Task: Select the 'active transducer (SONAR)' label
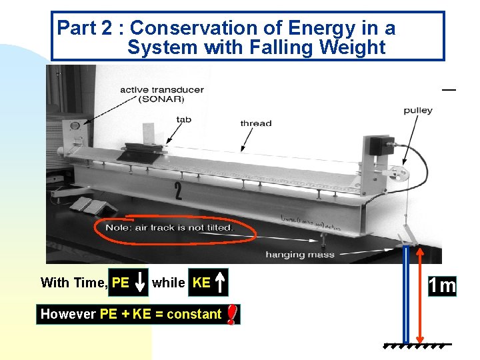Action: [x=161, y=94]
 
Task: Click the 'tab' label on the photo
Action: [x=183, y=119]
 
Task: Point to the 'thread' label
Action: [x=256, y=123]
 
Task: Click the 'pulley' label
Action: [x=418, y=110]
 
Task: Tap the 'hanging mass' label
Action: [x=294, y=254]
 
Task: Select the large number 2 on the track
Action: [x=178, y=192]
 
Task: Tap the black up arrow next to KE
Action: [x=221, y=282]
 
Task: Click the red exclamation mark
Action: [x=231, y=314]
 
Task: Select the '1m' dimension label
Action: [x=443, y=286]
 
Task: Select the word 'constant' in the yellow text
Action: [x=194, y=314]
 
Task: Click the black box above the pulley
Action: [x=381, y=145]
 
